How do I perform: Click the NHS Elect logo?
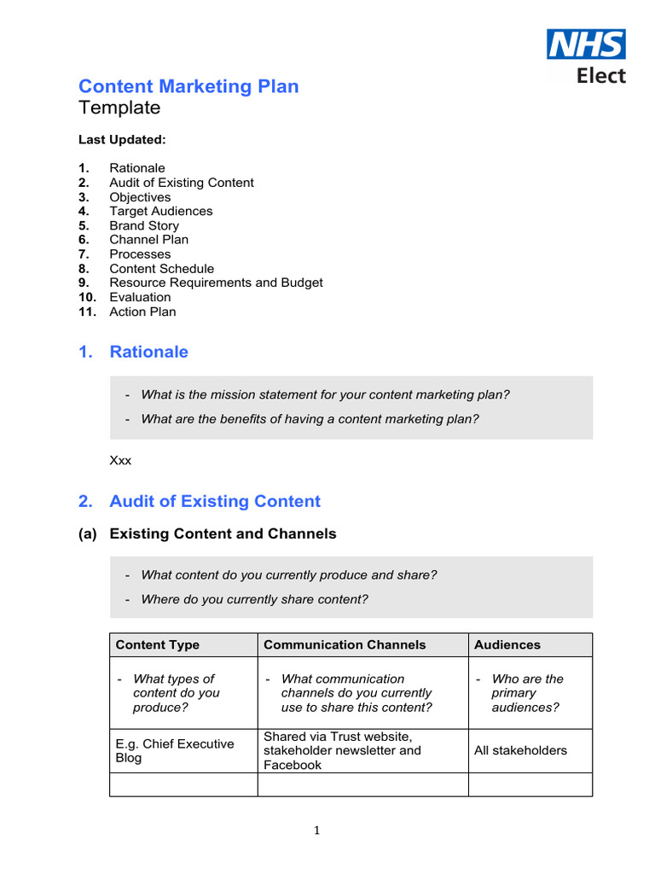pos(586,56)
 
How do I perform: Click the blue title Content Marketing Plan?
pos(188,86)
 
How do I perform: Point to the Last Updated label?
pos(122,139)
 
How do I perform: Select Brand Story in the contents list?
pos(144,225)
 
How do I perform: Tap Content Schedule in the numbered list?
pos(161,269)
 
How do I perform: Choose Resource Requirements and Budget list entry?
pos(216,283)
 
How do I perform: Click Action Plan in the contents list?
pos(142,312)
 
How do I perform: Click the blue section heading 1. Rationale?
pos(133,352)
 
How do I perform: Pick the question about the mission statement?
pos(325,394)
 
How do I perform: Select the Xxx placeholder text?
pos(120,460)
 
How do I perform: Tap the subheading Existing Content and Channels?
pos(223,533)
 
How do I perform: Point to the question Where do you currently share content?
pos(254,599)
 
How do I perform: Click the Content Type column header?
pos(158,644)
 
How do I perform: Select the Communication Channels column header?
pos(345,644)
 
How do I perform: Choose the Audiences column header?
pos(507,644)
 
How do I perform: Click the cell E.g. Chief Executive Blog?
pos(175,750)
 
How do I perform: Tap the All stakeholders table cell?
pos(520,750)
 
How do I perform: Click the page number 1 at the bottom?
pos(316,830)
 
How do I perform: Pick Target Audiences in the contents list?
pos(160,211)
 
